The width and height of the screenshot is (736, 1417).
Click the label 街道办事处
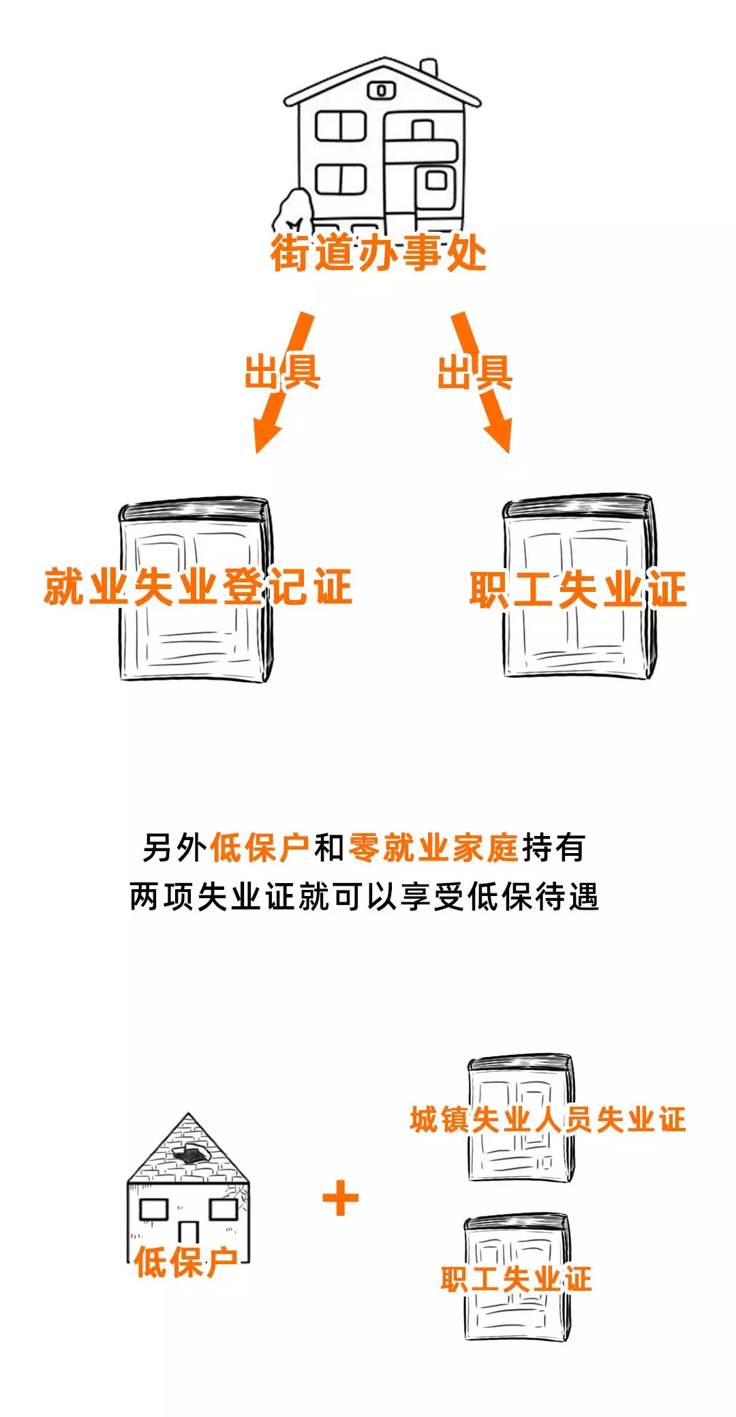378,254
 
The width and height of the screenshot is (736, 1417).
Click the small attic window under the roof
381,90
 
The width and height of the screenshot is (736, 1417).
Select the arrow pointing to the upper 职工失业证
482,382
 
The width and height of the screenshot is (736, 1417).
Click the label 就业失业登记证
198,587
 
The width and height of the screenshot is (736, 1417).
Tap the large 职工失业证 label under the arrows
578,590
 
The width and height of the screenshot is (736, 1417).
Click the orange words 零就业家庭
433,848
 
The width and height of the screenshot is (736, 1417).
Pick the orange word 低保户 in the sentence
260,848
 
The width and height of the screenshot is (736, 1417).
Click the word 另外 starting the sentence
174,848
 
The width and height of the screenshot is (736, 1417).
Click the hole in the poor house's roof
191,1154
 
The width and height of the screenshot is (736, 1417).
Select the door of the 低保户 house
188,1233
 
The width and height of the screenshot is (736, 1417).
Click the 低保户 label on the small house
185,1262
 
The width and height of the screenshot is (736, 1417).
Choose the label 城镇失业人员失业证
548,1120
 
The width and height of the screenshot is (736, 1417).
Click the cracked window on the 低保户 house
224,1208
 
